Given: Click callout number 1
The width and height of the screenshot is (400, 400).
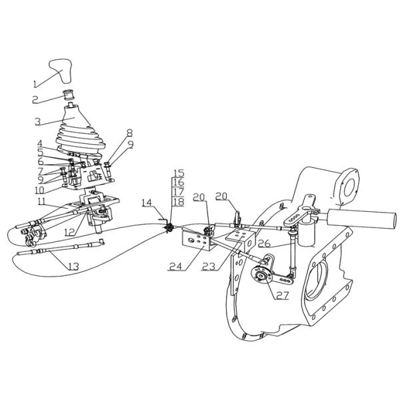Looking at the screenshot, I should click(37, 85).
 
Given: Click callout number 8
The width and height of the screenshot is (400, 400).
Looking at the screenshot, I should click(129, 133).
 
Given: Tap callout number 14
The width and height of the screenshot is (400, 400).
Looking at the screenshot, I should click(146, 201).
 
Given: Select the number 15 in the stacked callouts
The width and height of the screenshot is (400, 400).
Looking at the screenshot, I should click(178, 173).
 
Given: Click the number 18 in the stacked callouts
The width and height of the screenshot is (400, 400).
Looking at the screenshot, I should click(178, 201).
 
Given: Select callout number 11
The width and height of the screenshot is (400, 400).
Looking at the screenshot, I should click(41, 201).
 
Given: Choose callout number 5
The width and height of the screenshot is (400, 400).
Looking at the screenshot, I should click(40, 151).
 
